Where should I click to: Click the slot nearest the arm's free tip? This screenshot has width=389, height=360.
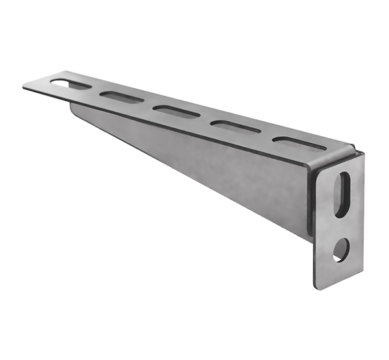tap(67, 84)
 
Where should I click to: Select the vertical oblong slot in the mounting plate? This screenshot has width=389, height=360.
tap(342, 195)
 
